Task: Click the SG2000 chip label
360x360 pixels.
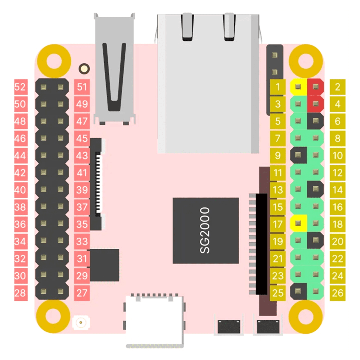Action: [205, 230]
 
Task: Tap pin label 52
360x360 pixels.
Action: [20, 87]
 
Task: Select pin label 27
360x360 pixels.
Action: [82, 293]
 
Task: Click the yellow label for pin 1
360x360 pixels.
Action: [278, 87]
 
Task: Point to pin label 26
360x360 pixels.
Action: [337, 293]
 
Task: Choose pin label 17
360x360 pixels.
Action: [278, 224]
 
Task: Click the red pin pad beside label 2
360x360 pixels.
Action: [315, 87]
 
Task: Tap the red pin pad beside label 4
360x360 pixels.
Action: [315, 104]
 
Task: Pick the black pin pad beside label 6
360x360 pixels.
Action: [315, 121]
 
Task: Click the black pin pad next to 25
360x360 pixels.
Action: [298, 291]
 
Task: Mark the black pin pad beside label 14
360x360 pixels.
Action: [315, 189]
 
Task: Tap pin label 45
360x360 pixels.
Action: [82, 138]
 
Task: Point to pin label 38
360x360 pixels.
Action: [20, 207]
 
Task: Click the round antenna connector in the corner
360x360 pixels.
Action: [80, 323]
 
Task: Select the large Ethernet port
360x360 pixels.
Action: [208, 84]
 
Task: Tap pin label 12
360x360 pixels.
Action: [337, 173]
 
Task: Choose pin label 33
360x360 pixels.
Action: [82, 241]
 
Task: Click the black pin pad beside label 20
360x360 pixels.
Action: [315, 240]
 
